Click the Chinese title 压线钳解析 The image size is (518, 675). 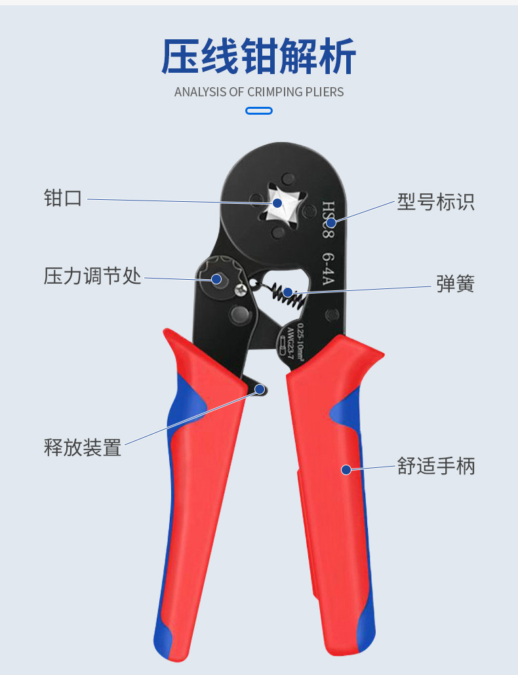tap(259, 57)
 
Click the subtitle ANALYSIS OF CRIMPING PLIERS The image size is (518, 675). tap(259, 92)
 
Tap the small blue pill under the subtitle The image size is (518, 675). tap(259, 111)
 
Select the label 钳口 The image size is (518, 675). tap(63, 198)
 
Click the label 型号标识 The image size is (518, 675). tap(435, 202)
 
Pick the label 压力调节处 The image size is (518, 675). tap(92, 276)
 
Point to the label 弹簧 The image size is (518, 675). tap(455, 284)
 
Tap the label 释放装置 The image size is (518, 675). tap(83, 448)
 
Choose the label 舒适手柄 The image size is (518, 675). tap(436, 467)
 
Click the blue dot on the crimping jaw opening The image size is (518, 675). tap(277, 203)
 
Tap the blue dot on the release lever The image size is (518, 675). tap(260, 390)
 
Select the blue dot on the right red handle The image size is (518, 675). tap(346, 469)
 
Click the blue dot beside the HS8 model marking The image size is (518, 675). tap(331, 223)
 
